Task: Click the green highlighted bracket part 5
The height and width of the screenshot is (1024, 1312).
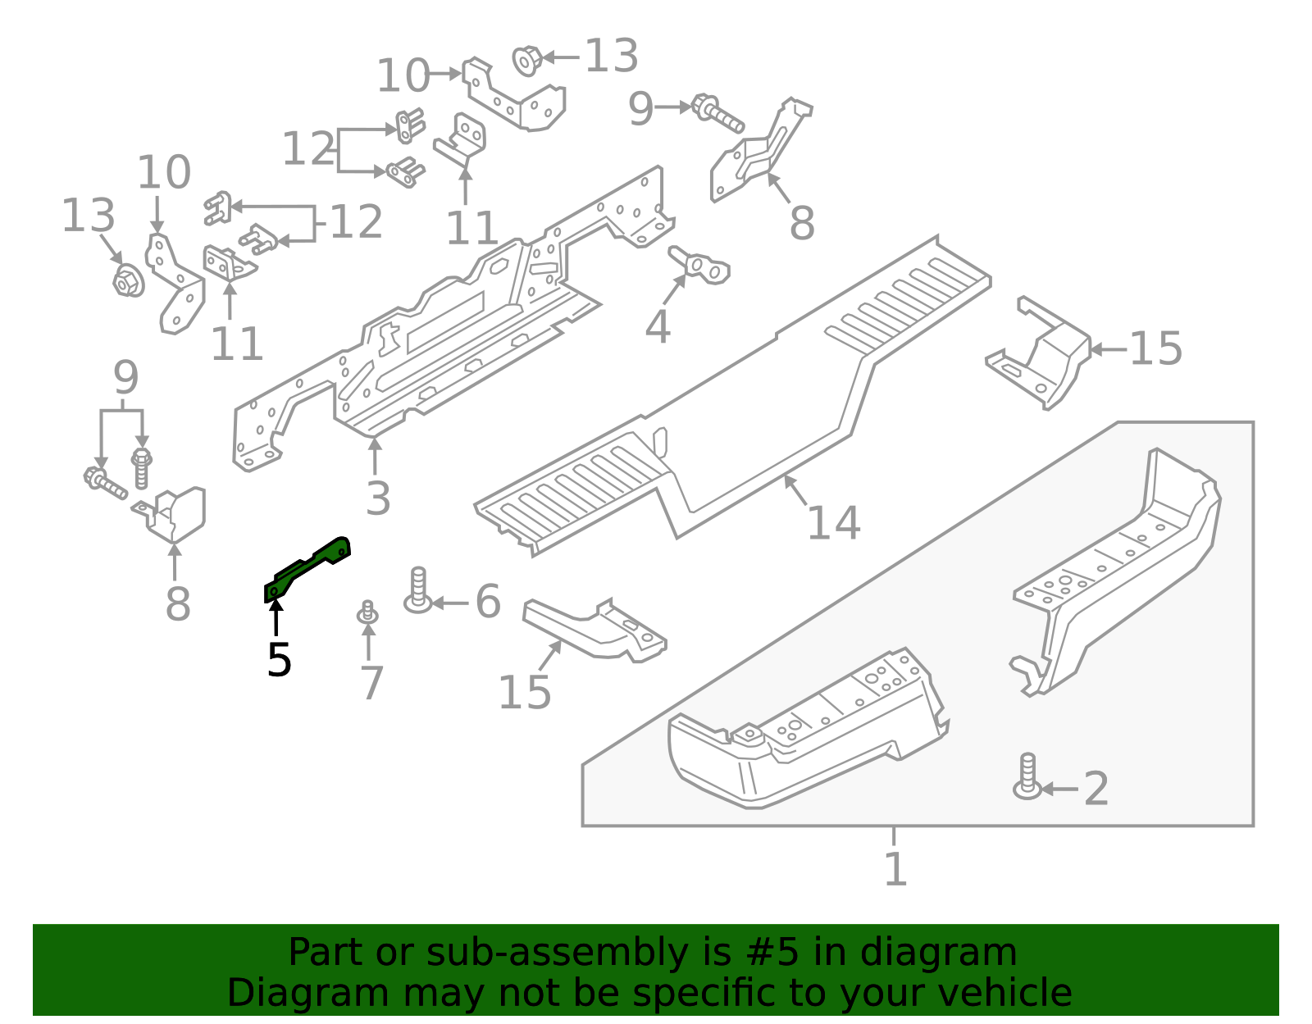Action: pyautogui.click(x=307, y=567)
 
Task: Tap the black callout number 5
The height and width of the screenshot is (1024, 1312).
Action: pyautogui.click(x=279, y=660)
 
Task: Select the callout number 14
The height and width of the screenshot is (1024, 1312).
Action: pyautogui.click(x=833, y=523)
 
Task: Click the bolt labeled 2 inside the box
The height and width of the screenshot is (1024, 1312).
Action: pyautogui.click(x=1027, y=776)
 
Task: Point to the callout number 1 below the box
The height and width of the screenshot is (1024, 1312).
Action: pyautogui.click(x=895, y=869)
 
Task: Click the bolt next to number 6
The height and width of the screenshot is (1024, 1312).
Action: pyautogui.click(x=418, y=590)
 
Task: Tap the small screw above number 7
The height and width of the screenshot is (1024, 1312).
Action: pyautogui.click(x=367, y=612)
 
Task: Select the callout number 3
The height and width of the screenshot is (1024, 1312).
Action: pyautogui.click(x=377, y=498)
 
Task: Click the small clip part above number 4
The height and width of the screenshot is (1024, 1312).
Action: pyautogui.click(x=700, y=265)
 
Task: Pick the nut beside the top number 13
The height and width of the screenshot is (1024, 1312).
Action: pyautogui.click(x=526, y=60)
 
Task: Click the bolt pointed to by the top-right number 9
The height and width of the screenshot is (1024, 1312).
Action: pyautogui.click(x=717, y=114)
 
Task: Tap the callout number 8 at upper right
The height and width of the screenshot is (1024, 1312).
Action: pyautogui.click(x=801, y=222)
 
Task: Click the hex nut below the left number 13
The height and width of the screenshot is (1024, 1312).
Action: pyautogui.click(x=127, y=281)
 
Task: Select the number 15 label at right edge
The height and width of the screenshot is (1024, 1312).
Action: pyautogui.click(x=1155, y=349)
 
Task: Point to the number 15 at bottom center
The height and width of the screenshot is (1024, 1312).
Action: pyautogui.click(x=524, y=693)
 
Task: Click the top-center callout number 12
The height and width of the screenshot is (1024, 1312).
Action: pyautogui.click(x=308, y=149)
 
